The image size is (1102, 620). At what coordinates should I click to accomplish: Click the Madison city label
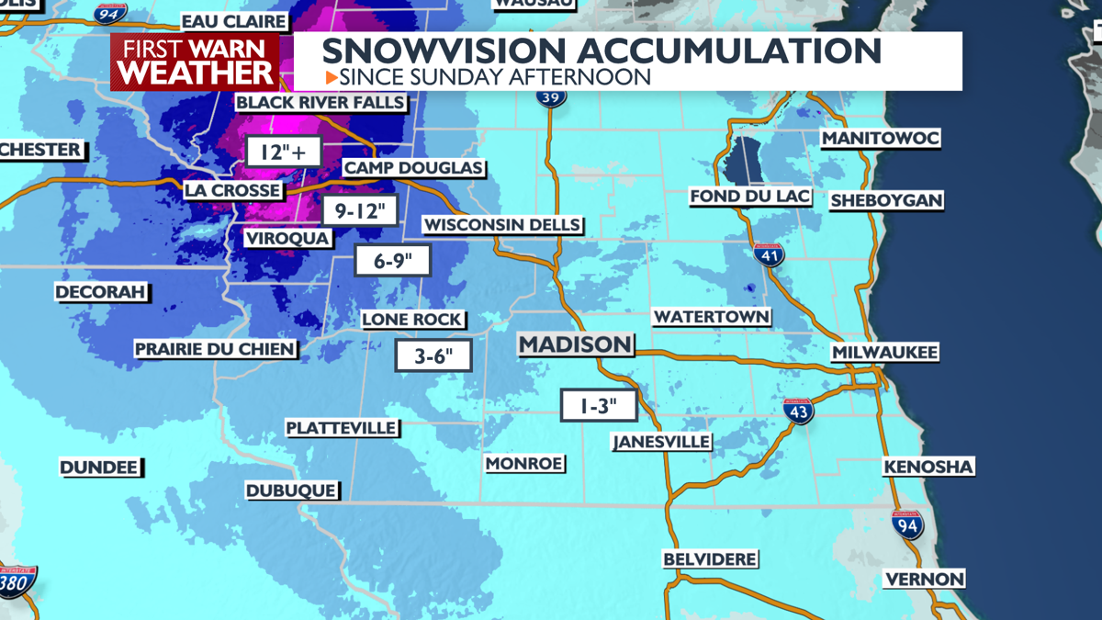pos(576,344)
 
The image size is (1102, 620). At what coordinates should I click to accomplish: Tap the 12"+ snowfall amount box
pos(283,152)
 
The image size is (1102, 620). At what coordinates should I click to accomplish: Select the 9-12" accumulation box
pos(360,211)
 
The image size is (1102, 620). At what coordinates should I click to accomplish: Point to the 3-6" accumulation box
pos(433,355)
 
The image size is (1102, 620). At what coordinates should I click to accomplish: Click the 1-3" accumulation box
pos(599,405)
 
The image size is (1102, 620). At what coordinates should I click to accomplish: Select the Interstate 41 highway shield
pos(769,255)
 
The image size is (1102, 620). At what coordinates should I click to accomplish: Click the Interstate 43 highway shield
pos(798,411)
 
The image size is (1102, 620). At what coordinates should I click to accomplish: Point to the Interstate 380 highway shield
pos(17,581)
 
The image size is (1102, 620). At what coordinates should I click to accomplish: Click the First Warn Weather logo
pos(195,62)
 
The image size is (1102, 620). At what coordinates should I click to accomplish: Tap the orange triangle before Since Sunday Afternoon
pos(332,77)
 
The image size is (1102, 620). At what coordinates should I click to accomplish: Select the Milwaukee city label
pos(884,353)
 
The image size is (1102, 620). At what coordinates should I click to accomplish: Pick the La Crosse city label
pos(232,190)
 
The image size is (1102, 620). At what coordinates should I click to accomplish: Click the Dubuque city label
pos(291,490)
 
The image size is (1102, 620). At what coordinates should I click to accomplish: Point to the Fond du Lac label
pos(750,197)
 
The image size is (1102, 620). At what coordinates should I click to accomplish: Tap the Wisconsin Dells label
pos(502,224)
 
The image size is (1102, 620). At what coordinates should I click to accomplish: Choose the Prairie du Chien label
pos(216,349)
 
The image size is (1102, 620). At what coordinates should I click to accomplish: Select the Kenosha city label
pos(928,467)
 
